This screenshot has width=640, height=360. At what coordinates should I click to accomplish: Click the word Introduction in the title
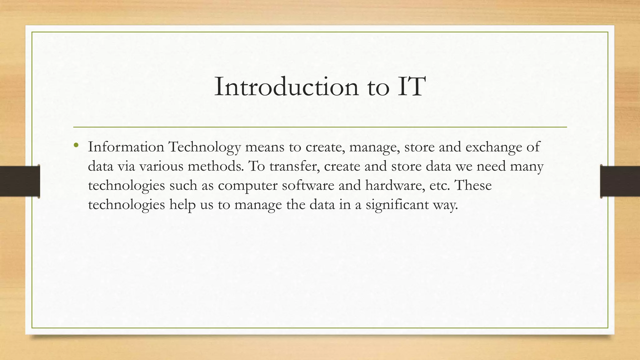pyautogui.click(x=286, y=87)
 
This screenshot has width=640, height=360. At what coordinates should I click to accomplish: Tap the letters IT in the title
pyautogui.click(x=411, y=87)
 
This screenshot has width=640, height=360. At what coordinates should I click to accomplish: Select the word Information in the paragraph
pyautogui.click(x=126, y=147)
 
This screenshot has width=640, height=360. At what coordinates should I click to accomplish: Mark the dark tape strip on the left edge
pyautogui.click(x=20, y=181)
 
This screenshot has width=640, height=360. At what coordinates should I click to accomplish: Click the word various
pyautogui.click(x=161, y=166)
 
